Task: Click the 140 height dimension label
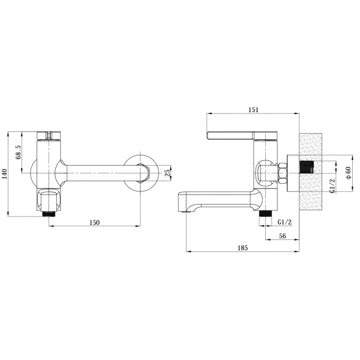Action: point(5,174)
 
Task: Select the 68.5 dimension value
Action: point(19,152)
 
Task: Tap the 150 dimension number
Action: point(95,223)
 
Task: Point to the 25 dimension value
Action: point(168,173)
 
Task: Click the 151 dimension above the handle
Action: point(253,110)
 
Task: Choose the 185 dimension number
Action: point(242,248)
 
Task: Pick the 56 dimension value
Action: point(283,236)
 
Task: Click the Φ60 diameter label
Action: point(348,173)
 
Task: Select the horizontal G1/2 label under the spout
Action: point(284,222)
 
